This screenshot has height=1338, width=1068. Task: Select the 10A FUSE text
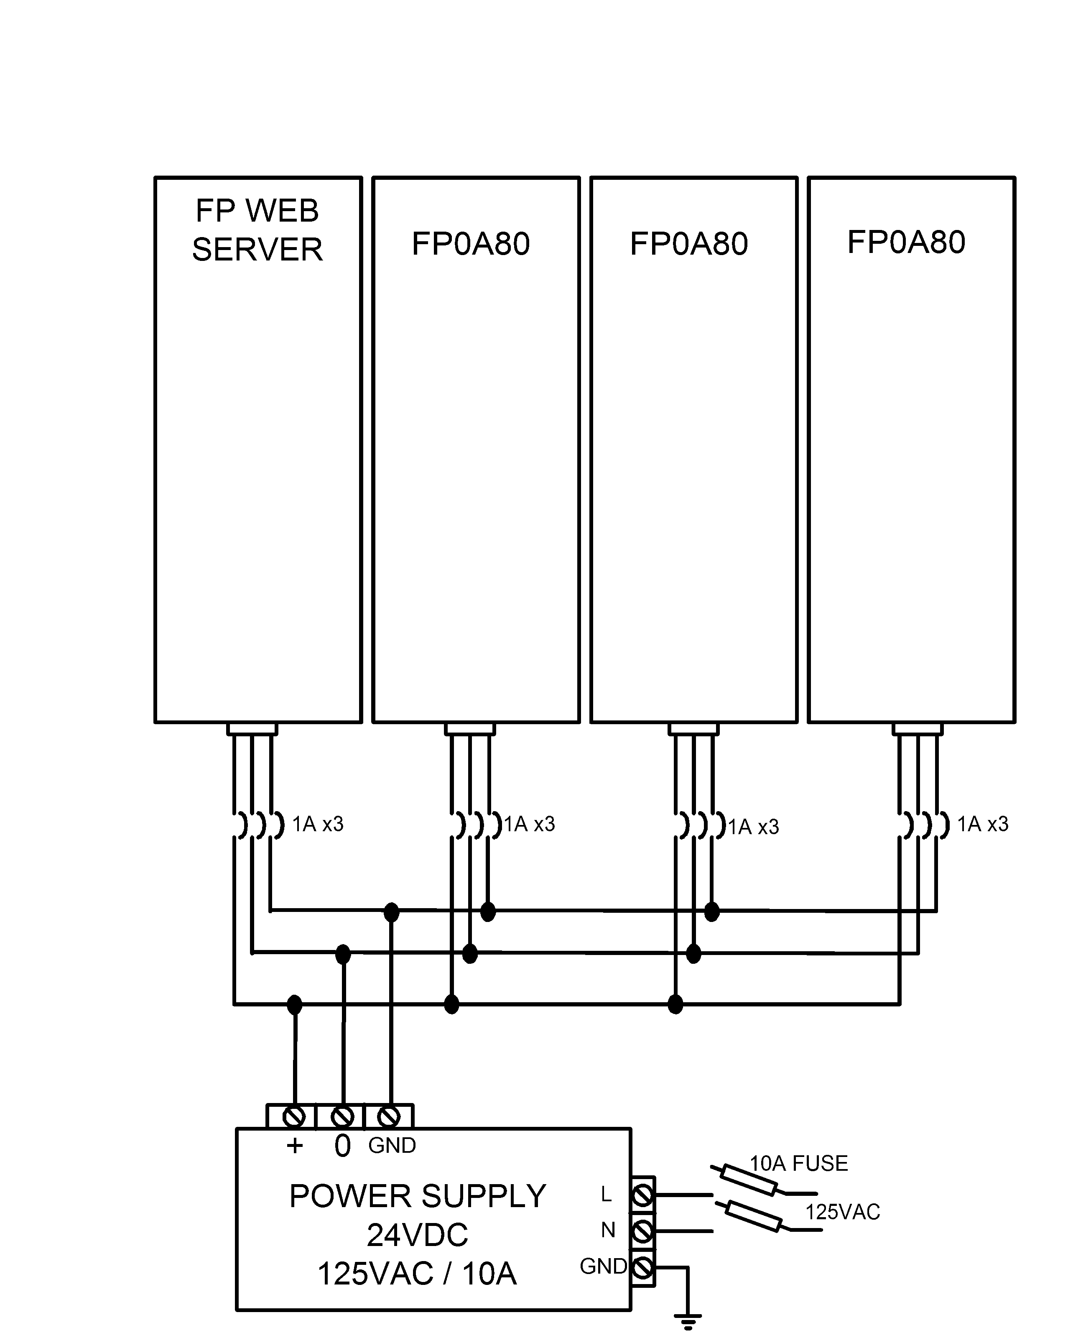tap(799, 1163)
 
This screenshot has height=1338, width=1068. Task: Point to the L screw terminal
tap(643, 1194)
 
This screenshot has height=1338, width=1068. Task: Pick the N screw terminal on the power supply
tap(643, 1230)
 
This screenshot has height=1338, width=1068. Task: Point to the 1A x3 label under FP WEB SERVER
tap(317, 824)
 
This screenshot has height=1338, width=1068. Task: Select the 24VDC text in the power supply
tap(417, 1235)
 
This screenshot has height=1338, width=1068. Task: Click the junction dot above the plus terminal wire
tap(295, 1004)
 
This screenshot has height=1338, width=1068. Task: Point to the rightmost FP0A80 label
tap(906, 242)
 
